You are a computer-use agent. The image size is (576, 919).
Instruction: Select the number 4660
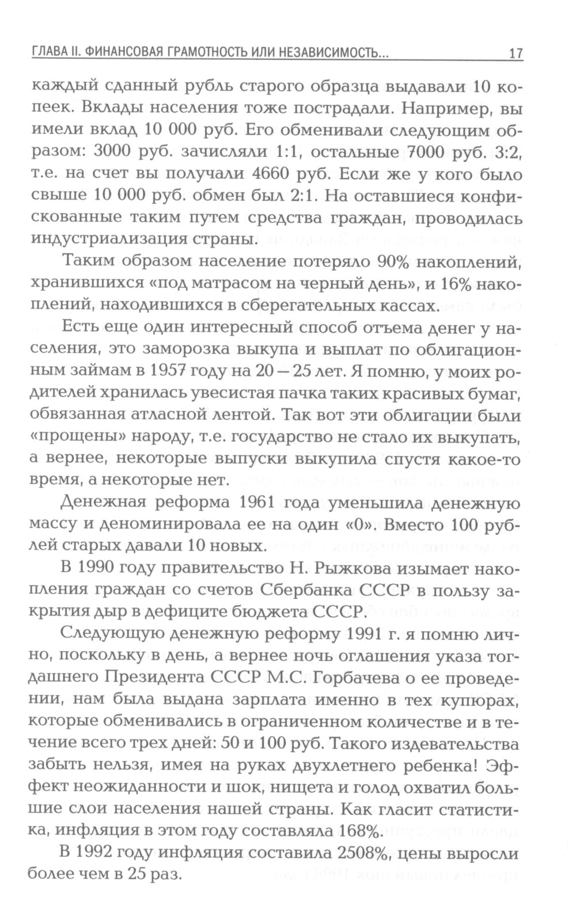click(291, 173)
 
